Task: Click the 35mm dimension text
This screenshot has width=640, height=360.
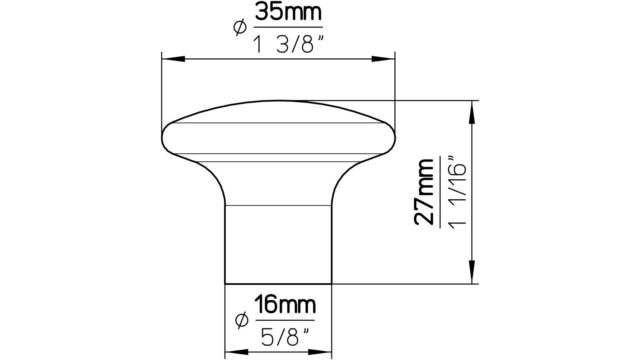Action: [x=289, y=13]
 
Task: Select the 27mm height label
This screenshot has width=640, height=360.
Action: [x=424, y=192]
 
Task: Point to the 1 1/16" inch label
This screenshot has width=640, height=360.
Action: [x=456, y=191]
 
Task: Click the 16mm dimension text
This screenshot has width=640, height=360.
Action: [x=285, y=305]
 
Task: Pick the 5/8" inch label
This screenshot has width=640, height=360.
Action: [x=285, y=337]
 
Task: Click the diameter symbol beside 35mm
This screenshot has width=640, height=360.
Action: [x=240, y=28]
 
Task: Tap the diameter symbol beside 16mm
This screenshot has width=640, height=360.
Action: [x=242, y=320]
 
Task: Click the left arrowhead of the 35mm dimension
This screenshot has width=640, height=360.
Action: [x=173, y=59]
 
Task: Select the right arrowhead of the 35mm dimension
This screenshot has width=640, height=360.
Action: [x=383, y=59]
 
